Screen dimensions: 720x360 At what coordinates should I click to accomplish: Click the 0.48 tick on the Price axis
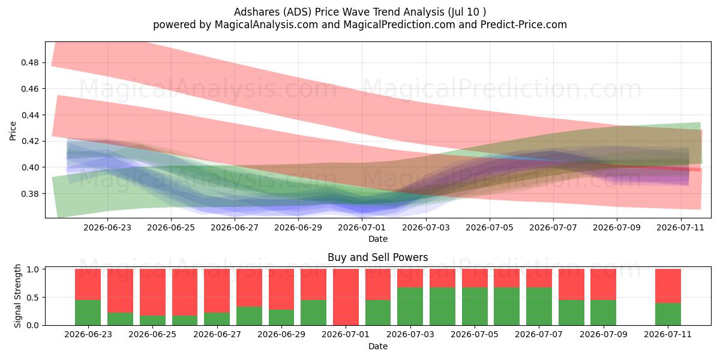tap(29, 62)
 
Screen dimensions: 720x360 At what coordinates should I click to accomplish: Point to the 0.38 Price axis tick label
tap(29, 194)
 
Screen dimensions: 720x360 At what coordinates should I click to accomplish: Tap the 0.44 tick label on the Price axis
tap(29, 115)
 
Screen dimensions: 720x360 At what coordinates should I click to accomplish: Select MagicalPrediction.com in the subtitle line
tap(399, 25)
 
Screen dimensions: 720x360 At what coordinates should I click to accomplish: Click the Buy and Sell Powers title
tap(377, 257)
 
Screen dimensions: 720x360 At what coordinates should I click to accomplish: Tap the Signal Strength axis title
tap(17, 296)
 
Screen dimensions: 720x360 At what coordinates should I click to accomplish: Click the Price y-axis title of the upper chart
tap(13, 131)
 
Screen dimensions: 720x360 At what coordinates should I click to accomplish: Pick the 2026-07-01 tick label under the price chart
tap(362, 227)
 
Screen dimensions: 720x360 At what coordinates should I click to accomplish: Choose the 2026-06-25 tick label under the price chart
tap(171, 227)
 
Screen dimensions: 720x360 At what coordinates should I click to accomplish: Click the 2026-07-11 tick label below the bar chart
tap(668, 335)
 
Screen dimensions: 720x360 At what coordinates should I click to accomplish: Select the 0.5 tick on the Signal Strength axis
tap(32, 298)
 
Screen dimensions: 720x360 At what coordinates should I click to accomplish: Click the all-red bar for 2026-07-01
tap(346, 298)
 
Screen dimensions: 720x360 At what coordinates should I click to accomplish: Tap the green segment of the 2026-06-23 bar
tap(88, 313)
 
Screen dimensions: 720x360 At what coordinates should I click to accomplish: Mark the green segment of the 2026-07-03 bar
tap(410, 307)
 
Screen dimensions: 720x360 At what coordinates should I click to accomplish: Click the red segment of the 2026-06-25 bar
tap(152, 292)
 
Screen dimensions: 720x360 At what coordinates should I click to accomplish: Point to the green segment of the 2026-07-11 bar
tap(668, 314)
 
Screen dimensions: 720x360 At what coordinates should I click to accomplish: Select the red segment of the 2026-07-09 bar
tap(604, 284)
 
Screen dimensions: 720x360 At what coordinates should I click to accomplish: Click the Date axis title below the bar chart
tap(378, 347)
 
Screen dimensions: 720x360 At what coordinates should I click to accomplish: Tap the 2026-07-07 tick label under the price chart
tap(553, 227)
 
